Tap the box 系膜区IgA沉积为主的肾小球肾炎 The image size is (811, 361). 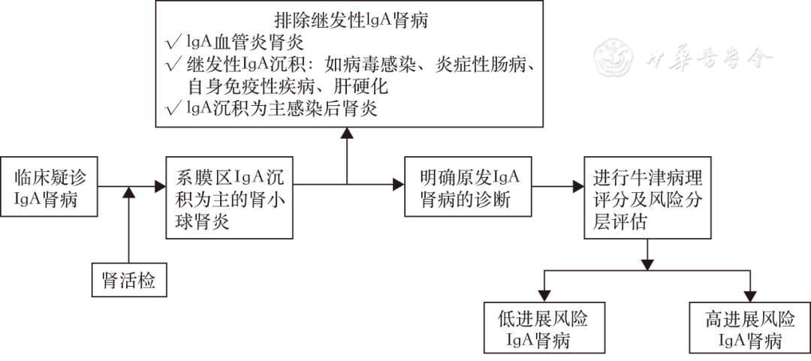pyautogui.click(x=231, y=197)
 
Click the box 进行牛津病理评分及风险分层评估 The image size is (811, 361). pyautogui.click(x=647, y=197)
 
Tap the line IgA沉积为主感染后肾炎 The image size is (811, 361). pyautogui.click(x=282, y=108)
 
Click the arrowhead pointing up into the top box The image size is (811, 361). pyautogui.click(x=346, y=133)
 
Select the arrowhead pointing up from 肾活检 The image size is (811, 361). pyautogui.click(x=129, y=193)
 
